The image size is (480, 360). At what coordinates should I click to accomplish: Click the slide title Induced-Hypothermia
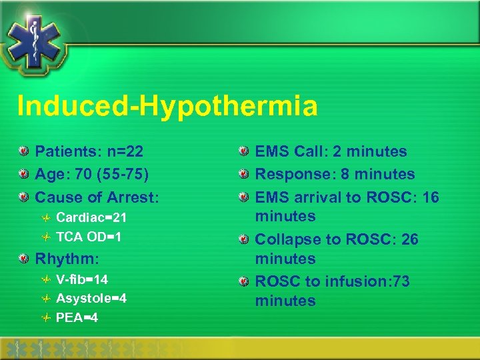click(167, 106)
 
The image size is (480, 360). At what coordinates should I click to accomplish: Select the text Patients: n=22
click(89, 152)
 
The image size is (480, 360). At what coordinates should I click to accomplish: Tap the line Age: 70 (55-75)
click(91, 175)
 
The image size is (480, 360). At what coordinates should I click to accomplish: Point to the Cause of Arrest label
click(97, 197)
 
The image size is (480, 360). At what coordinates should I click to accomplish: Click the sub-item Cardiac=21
click(91, 218)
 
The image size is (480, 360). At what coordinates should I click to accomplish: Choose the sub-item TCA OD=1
click(89, 236)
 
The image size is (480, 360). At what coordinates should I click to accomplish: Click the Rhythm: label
click(67, 258)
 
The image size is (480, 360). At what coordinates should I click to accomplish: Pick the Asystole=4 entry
click(91, 299)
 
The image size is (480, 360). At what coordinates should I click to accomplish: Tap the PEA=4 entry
click(77, 317)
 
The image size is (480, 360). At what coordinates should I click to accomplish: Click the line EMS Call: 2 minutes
click(331, 152)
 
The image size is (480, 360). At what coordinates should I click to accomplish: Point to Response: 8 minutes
click(335, 175)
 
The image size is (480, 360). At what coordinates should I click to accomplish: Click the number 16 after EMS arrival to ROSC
click(431, 197)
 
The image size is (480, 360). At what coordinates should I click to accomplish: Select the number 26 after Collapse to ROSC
click(409, 239)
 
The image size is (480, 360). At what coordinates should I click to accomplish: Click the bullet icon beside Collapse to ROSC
click(245, 239)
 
